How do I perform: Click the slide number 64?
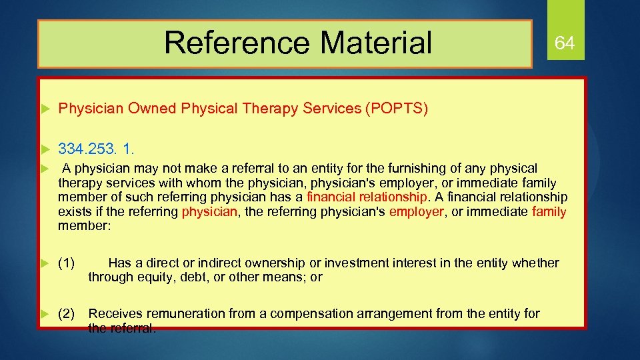565,44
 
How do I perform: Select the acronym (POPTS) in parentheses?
396,109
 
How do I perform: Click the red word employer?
417,212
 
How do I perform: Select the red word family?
549,212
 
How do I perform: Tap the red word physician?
209,212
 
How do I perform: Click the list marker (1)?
66,263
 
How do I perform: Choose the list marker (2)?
66,313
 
